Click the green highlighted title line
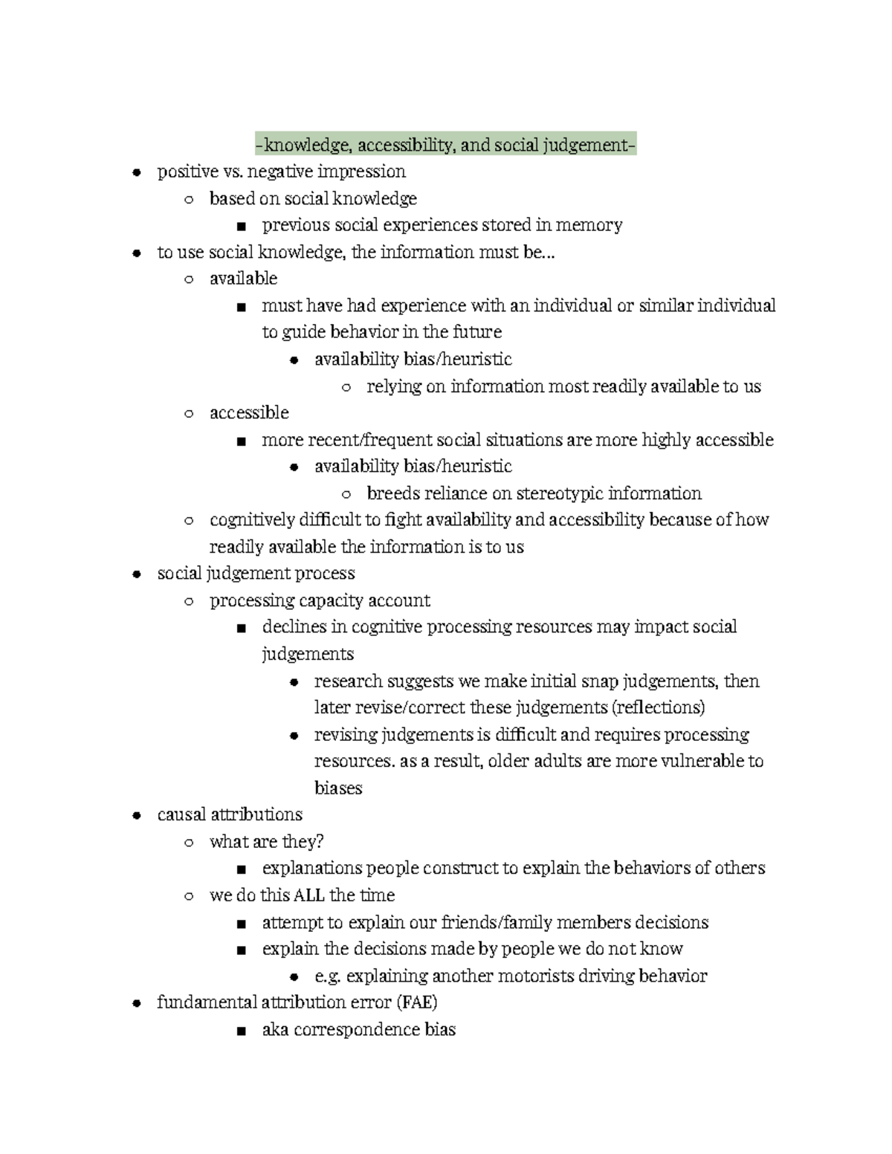pos(445,145)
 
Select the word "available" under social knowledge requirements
pos(243,279)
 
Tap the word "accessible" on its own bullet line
pos(249,413)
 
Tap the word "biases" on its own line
pos(338,788)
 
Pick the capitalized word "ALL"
pos(309,895)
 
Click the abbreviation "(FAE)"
pos(416,1002)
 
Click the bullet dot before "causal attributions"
pos(136,815)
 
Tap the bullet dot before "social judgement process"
pos(136,574)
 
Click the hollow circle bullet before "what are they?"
pos(189,843)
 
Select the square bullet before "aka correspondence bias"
pos(240,1031)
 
